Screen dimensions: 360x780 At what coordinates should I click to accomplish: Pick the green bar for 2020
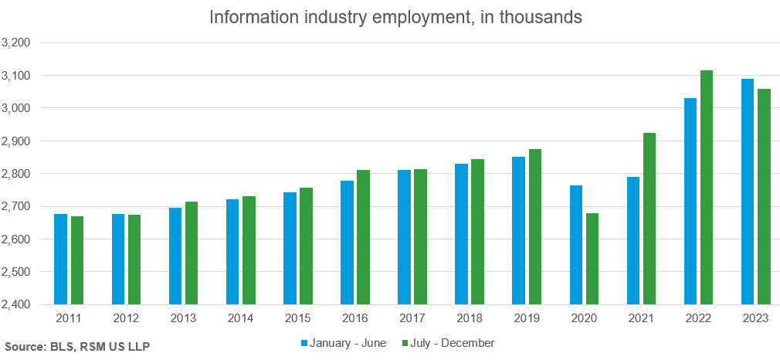pos(592,259)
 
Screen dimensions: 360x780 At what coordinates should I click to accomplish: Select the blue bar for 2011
pos(61,259)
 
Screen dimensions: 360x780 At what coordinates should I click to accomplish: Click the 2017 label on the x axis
pos(412,318)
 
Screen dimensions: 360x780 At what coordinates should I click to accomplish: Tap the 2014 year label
pos(241,318)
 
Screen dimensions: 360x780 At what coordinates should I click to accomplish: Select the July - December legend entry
pos(452,342)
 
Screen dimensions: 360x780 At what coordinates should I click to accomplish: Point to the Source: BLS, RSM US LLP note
pos(77,347)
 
